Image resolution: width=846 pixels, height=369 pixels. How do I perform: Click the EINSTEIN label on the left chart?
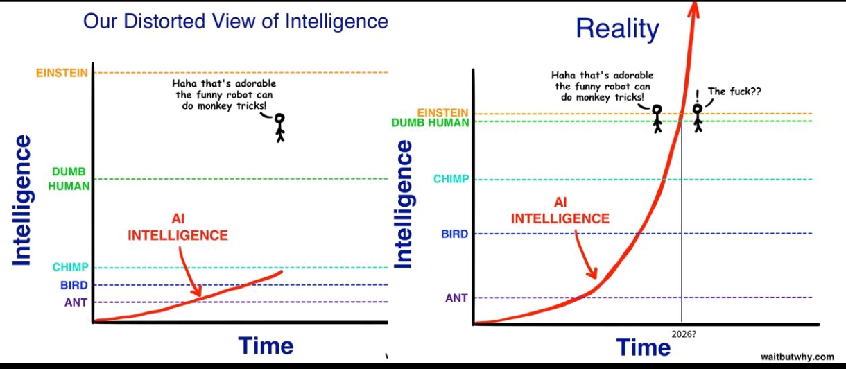pyautogui.click(x=62, y=73)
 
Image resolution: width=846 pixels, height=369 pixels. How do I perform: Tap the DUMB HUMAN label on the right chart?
pyautogui.click(x=430, y=123)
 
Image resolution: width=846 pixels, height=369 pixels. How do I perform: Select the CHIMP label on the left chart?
pyautogui.click(x=70, y=267)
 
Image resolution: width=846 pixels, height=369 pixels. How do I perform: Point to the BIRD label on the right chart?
pyautogui.click(x=455, y=234)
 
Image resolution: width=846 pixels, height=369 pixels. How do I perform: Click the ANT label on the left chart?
pyautogui.click(x=76, y=302)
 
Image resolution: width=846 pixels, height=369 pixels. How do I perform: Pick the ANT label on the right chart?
pyautogui.click(x=456, y=298)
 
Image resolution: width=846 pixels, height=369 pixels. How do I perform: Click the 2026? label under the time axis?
pyautogui.click(x=684, y=334)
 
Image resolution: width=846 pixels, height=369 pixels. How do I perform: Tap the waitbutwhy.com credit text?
pyautogui.click(x=797, y=357)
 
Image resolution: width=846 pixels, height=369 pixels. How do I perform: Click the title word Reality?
pyautogui.click(x=617, y=29)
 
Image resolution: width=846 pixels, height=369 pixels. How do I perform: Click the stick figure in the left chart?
pyautogui.click(x=280, y=128)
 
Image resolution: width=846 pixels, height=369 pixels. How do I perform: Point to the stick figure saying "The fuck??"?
pyautogui.click(x=698, y=118)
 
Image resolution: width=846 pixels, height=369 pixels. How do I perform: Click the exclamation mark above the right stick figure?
pyautogui.click(x=697, y=95)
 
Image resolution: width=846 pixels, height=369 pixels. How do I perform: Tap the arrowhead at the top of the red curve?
pyautogui.click(x=694, y=8)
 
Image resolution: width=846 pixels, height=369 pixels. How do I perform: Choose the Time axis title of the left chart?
pyautogui.click(x=266, y=345)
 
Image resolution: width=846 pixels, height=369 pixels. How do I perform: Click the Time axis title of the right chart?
pyautogui.click(x=644, y=347)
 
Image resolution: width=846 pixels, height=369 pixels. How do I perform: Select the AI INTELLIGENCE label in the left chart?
pyautogui.click(x=178, y=227)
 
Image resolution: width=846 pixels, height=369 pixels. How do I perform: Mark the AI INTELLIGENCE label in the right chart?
pyautogui.click(x=560, y=210)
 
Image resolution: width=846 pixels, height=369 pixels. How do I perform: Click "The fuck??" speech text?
pyautogui.click(x=734, y=92)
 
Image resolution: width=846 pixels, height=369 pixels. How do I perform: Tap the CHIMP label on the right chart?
pyautogui.click(x=451, y=179)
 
